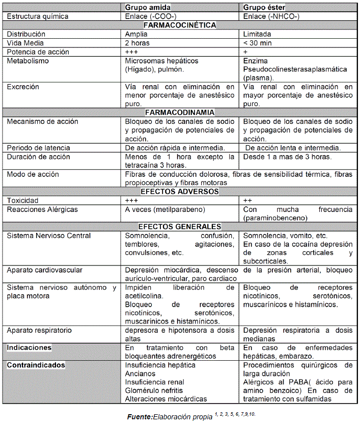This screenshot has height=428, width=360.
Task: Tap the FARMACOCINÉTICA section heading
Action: click(x=180, y=25)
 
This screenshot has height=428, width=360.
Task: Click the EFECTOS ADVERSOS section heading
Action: click(x=179, y=192)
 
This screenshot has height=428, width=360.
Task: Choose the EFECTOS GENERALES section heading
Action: click(x=180, y=227)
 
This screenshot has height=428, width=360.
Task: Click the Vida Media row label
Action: click(x=25, y=43)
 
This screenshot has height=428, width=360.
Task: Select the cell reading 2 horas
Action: click(x=138, y=43)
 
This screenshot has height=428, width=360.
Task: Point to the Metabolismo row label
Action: click(x=28, y=61)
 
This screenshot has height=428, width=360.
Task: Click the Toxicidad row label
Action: click(x=22, y=201)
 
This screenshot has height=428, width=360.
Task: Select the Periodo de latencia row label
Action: click(x=39, y=148)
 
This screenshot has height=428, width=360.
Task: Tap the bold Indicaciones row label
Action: click(x=29, y=347)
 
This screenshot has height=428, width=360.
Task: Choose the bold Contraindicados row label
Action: click(x=36, y=365)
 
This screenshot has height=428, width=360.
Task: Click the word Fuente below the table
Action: click(x=140, y=417)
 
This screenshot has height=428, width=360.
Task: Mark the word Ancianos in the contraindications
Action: click(x=141, y=373)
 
